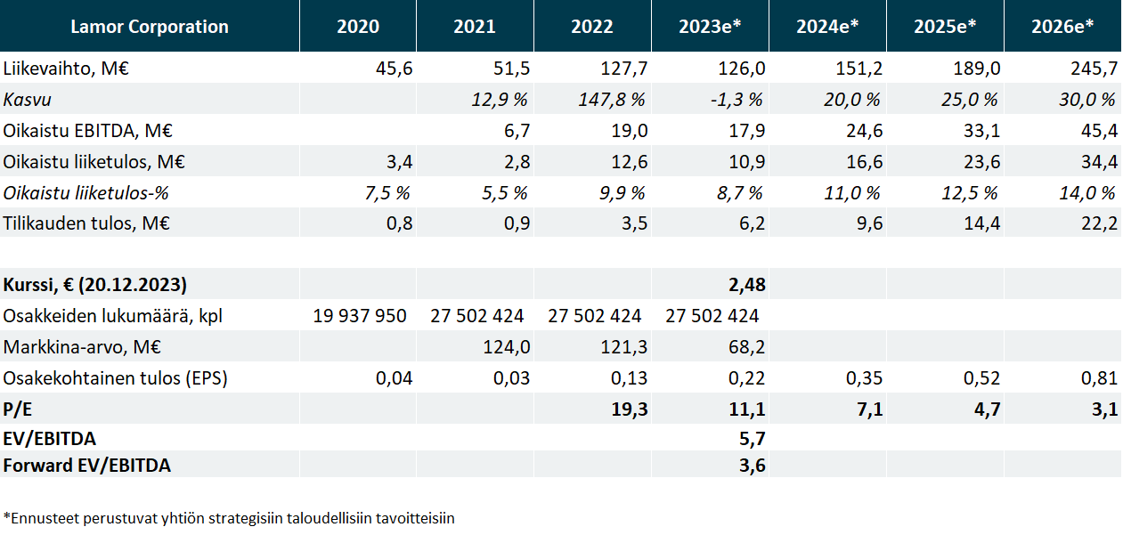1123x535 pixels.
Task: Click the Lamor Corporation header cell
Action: point(149,26)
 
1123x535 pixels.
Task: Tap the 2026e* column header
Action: point(1062,26)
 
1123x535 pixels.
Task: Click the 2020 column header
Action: point(357,26)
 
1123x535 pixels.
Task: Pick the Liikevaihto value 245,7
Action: point(1093,69)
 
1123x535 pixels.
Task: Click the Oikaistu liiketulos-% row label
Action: point(86,193)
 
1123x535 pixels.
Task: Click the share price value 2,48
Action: point(746,286)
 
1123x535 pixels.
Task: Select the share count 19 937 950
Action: point(360,316)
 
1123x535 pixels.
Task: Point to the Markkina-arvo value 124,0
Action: point(505,347)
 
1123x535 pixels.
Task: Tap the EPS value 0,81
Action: point(1098,378)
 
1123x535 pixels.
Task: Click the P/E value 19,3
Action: point(629,409)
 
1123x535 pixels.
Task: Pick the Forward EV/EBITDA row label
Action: point(87,465)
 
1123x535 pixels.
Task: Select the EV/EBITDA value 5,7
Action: point(752,438)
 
